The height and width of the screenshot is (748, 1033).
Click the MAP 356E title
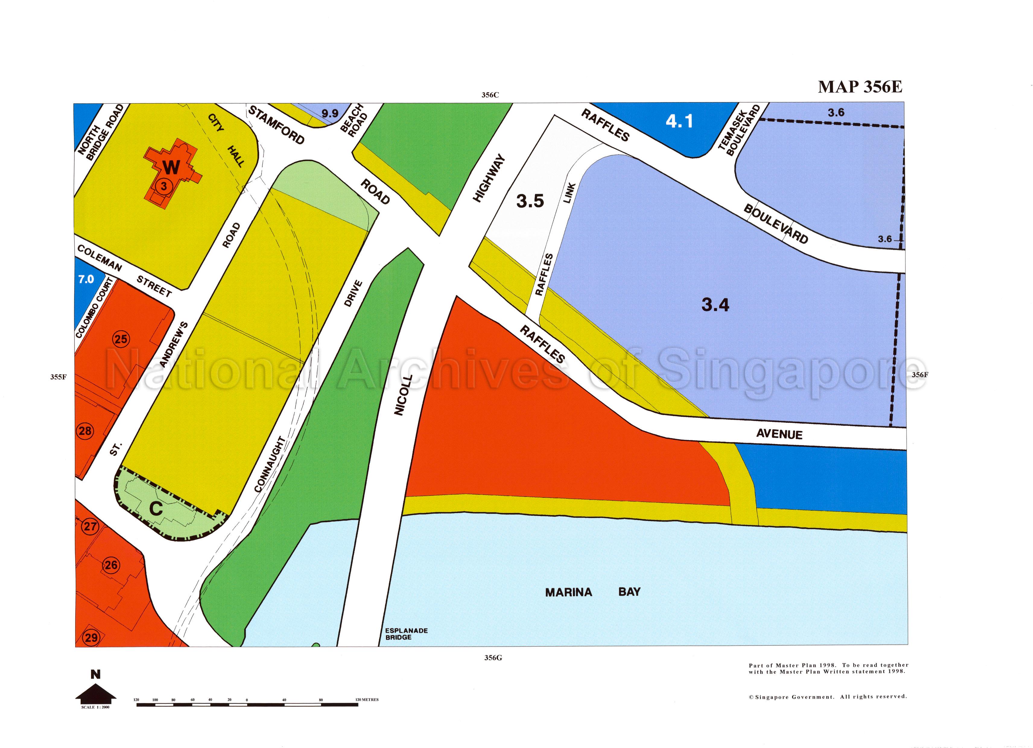coord(860,87)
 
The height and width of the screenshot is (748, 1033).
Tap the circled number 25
coord(121,339)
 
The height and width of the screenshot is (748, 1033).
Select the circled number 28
coord(85,430)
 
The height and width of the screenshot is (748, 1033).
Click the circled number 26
coord(111,565)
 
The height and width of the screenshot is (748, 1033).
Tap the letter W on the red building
coord(171,168)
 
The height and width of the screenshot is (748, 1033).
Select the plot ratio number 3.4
coord(715,305)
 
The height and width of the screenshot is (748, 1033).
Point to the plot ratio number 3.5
coord(530,201)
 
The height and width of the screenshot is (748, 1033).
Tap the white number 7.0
coord(86,279)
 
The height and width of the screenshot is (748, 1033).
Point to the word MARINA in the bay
coord(569,592)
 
